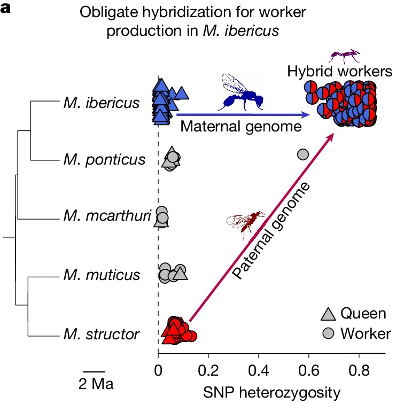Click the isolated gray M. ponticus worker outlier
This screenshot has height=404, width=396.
[302, 154]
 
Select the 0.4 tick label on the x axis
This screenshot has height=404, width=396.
[259, 369]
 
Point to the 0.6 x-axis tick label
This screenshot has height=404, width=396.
[309, 369]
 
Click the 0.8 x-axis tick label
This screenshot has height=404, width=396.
[359, 369]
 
